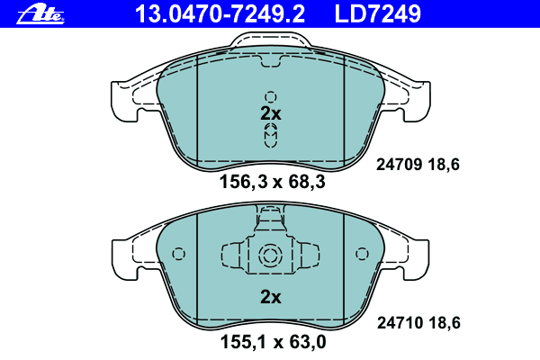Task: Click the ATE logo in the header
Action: tap(40, 15)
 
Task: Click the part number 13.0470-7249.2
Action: tap(220, 14)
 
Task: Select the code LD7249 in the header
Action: tap(377, 14)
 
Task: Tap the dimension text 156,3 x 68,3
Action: tap(272, 182)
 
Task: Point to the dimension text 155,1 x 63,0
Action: tap(273, 342)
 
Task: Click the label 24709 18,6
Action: tap(418, 165)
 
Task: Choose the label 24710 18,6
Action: tap(418, 323)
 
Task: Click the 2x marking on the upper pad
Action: tap(271, 113)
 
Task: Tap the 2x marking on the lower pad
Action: tap(271, 297)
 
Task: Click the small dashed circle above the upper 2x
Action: tap(271, 97)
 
